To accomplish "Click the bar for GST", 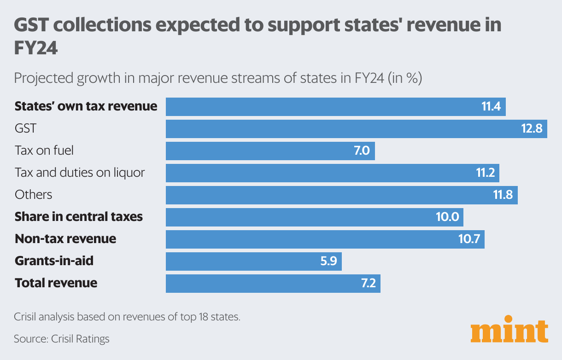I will click(x=356, y=129).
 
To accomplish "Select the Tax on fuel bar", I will click(x=270, y=151).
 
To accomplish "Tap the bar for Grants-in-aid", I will click(x=253, y=261).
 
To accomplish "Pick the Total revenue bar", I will click(x=273, y=284).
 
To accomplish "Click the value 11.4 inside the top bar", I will click(x=491, y=107).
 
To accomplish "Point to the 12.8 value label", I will click(x=532, y=129).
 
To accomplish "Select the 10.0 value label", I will click(x=447, y=217).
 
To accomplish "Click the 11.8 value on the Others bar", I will click(x=503, y=195).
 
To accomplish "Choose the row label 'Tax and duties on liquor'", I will click(x=80, y=173).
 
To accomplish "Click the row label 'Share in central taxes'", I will click(x=79, y=217).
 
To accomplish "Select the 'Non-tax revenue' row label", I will click(x=65, y=239).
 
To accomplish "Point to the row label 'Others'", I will click(x=33, y=195).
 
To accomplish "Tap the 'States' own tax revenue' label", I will click(x=86, y=106).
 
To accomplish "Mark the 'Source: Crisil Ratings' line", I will click(x=62, y=339).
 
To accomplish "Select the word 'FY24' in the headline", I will click(x=36, y=47).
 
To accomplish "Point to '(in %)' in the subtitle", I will click(x=405, y=78).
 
